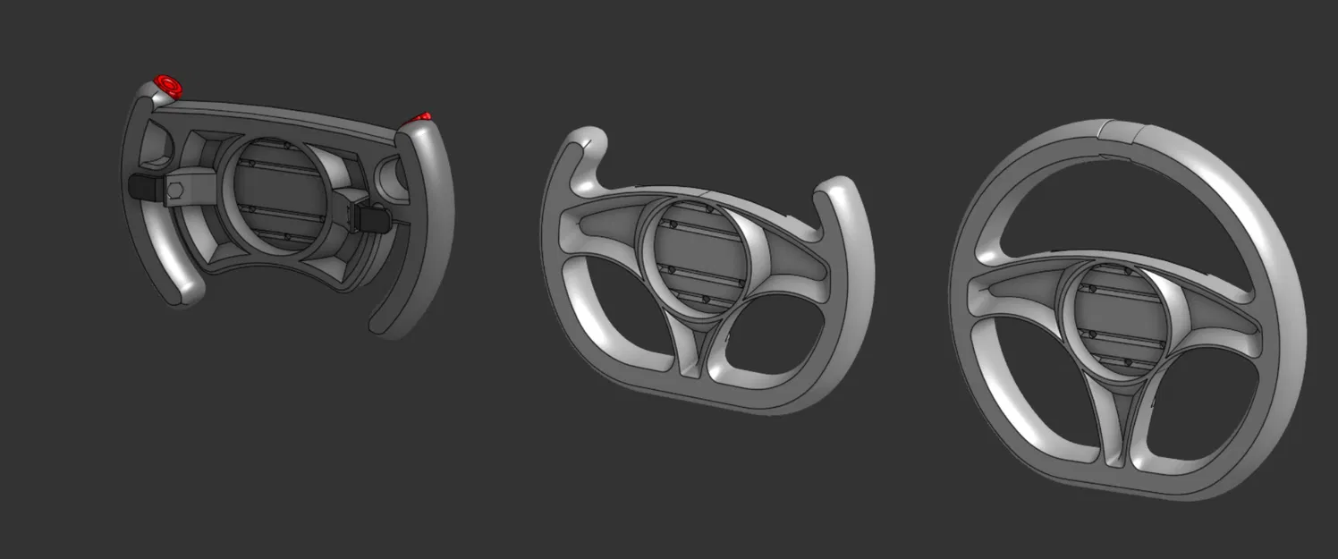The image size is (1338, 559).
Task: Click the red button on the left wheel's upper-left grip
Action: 166,86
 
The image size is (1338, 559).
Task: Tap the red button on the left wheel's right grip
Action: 419,118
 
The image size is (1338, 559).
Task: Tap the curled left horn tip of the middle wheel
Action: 592,140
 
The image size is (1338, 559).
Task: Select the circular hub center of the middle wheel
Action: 699,258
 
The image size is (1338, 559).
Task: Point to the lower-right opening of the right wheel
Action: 1198,402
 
